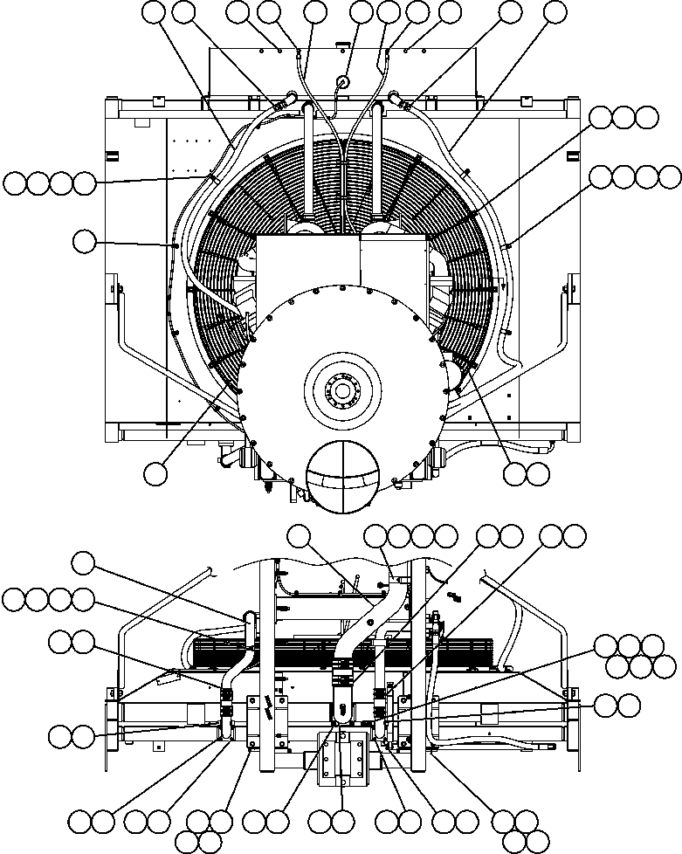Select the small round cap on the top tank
(x=341, y=81)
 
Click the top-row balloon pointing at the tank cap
(x=361, y=11)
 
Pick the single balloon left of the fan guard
(x=84, y=241)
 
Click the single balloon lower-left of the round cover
(x=155, y=472)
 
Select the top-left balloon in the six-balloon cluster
(x=607, y=646)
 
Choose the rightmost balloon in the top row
(x=555, y=11)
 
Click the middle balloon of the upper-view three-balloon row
(x=623, y=117)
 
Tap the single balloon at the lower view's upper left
(x=84, y=562)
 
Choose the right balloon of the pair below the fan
(x=539, y=472)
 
